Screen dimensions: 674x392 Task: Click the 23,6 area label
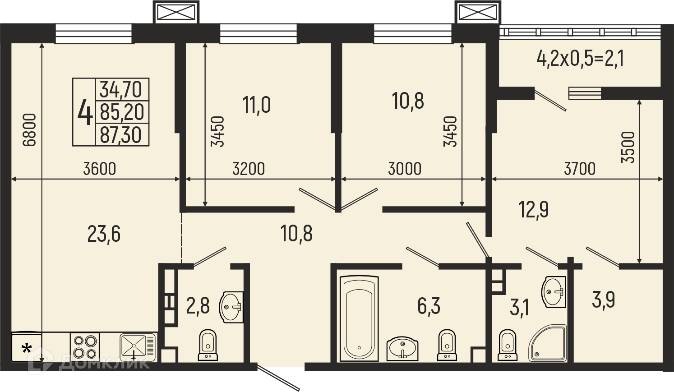tap(104, 235)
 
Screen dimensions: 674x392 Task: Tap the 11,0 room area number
tap(257, 105)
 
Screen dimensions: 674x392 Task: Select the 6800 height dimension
tap(29, 130)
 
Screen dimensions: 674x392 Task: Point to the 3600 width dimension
tap(100, 169)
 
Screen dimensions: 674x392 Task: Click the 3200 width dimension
tap(249, 169)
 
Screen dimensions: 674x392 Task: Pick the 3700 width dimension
tap(580, 169)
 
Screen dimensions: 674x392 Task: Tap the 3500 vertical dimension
tap(628, 147)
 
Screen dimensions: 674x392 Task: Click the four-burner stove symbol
tap(85, 347)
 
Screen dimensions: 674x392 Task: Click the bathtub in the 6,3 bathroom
tap(359, 318)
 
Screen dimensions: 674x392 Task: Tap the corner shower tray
tap(547, 343)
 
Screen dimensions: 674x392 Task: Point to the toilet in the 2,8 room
tap(208, 345)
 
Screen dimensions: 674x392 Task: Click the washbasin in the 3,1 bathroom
tap(554, 292)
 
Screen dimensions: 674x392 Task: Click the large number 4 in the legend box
tap(85, 112)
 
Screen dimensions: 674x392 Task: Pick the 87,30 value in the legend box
tap(120, 134)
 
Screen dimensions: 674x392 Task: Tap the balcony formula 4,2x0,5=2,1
tap(580, 67)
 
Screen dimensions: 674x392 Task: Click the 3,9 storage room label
tap(603, 300)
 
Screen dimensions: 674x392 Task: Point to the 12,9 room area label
tap(534, 209)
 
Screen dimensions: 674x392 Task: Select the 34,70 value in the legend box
tap(120, 89)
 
